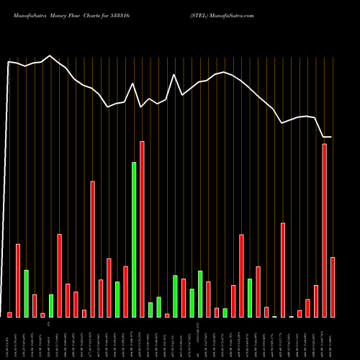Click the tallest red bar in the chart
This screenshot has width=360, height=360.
tap(142, 229)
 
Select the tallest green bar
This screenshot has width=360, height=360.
tap(134, 239)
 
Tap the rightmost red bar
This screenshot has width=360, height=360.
tap(333, 287)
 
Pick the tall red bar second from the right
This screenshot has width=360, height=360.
tap(325, 230)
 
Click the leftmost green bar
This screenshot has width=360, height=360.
tap(26, 293)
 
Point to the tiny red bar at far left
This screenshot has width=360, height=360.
tap(9, 314)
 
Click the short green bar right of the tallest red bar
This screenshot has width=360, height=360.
tap(150, 310)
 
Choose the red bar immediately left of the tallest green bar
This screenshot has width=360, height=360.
tap(125, 292)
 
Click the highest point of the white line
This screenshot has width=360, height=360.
tap(50, 55)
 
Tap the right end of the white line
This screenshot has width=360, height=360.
tap(332, 137)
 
